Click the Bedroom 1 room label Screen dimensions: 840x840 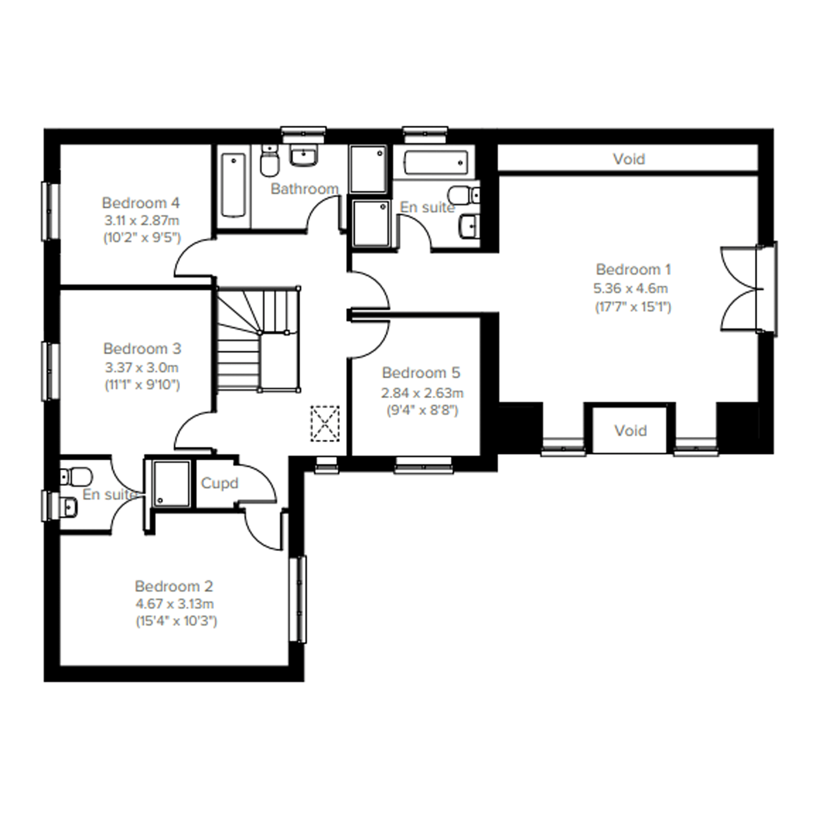point(633,270)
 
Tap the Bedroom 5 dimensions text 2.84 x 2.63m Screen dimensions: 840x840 point(422,394)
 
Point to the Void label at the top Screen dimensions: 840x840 point(629,159)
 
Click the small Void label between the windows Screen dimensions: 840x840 point(631,431)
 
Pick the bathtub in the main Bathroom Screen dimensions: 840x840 point(234,185)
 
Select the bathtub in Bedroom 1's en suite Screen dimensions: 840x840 point(436,163)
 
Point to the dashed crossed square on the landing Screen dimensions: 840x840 point(325,424)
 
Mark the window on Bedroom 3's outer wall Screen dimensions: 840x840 point(51,371)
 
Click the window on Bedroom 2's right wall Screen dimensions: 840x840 point(298,599)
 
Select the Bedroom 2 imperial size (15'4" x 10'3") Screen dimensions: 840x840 point(176,622)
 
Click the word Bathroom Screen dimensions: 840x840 point(304,189)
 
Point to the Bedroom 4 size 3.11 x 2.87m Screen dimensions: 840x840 point(142,221)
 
